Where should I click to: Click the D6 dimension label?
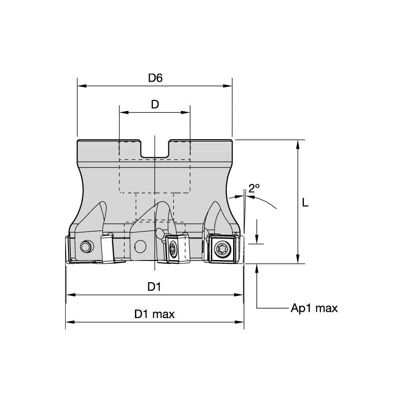[x=155, y=78]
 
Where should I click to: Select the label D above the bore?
[x=155, y=105]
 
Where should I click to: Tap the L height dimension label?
[x=305, y=203]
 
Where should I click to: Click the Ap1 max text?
[x=314, y=309]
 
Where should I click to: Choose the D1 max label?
[x=154, y=314]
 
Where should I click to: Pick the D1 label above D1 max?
[x=155, y=287]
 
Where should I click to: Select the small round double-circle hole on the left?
[x=86, y=246]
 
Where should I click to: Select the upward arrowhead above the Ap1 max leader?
[x=257, y=268]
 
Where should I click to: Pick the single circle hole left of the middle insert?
[x=140, y=245]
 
